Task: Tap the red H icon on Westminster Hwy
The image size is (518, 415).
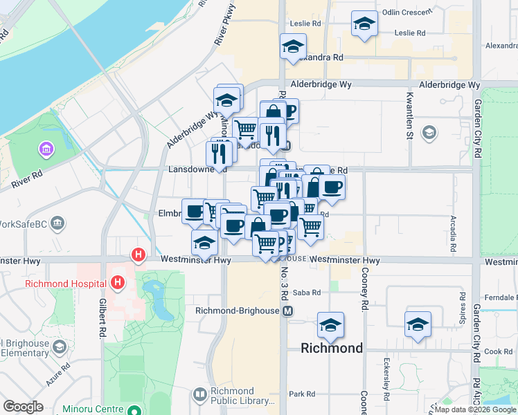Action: click(139, 255)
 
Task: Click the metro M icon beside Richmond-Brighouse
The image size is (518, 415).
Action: click(287, 311)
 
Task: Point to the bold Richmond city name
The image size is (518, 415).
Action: click(332, 348)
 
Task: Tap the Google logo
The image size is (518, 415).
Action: click(23, 407)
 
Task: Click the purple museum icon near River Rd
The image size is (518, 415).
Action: click(46, 149)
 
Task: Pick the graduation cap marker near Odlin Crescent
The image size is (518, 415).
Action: click(364, 24)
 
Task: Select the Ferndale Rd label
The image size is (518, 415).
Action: click(501, 297)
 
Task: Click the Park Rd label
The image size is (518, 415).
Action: click(302, 394)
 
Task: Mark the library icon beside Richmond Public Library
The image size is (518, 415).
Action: click(200, 394)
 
